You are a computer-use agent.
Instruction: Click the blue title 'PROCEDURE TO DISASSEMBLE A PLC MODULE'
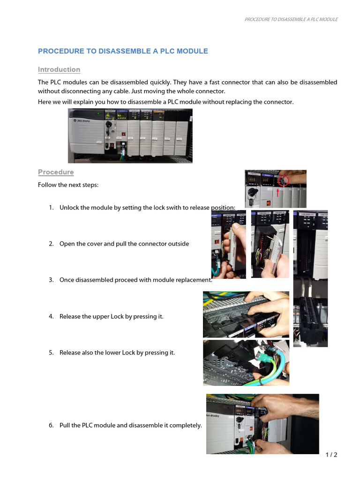pos(123,51)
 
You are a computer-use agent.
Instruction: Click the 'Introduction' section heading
pos(59,69)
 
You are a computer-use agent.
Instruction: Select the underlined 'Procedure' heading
pos(56,172)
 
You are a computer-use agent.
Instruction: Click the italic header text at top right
pos(291,19)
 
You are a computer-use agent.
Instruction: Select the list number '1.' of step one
pos(51,208)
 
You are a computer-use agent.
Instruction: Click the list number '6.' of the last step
pos(51,426)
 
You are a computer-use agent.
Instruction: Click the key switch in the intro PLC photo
pos(109,125)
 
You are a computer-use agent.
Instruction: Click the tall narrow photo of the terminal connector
pos(310,278)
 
